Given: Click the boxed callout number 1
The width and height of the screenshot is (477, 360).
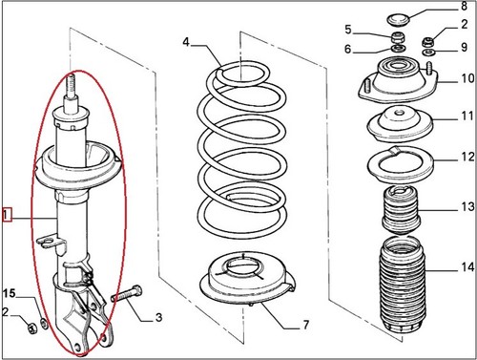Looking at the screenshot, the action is [x=7, y=215].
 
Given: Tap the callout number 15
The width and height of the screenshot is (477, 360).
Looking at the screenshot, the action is [x=9, y=293].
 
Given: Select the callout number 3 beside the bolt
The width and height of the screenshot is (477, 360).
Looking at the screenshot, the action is [x=158, y=317].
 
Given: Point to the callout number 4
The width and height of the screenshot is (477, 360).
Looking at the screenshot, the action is [x=186, y=42].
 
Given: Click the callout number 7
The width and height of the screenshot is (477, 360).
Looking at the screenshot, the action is [x=305, y=325].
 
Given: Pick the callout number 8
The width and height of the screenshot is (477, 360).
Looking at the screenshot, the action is [x=464, y=6].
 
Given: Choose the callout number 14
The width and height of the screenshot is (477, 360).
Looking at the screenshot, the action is [x=467, y=266].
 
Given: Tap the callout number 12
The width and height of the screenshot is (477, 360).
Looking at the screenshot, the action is [x=467, y=157].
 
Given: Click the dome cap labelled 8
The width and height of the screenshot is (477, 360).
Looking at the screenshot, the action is [x=398, y=19].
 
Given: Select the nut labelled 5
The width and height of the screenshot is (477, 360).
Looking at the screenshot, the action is [x=398, y=38].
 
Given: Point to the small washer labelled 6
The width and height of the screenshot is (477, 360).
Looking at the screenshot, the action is [x=398, y=49].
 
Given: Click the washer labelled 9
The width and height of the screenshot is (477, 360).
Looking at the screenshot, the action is [x=428, y=52].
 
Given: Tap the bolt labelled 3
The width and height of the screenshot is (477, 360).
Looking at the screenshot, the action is [x=127, y=294].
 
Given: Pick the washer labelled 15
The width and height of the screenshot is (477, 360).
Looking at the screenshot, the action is [x=45, y=324].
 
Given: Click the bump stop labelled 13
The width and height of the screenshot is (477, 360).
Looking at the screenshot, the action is [x=402, y=210].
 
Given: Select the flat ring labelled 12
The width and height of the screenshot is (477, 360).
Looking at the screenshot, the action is [x=401, y=165].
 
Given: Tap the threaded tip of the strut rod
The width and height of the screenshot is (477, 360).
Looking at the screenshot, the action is [x=72, y=83].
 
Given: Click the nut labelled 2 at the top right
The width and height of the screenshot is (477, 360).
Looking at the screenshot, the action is [x=428, y=42].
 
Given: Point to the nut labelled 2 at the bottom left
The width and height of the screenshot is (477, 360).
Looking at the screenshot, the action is [x=32, y=328].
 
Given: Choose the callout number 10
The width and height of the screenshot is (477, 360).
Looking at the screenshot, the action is [x=467, y=78].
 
